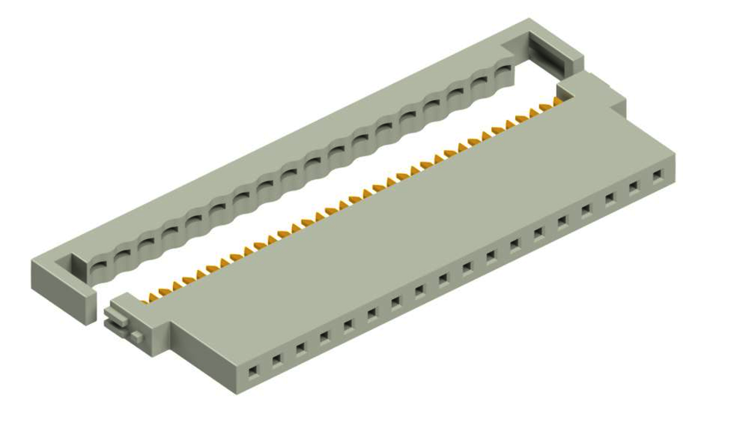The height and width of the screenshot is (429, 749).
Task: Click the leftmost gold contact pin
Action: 151,294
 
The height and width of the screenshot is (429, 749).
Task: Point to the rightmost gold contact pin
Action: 556,102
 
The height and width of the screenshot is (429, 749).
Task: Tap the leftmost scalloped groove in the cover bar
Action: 98,265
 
